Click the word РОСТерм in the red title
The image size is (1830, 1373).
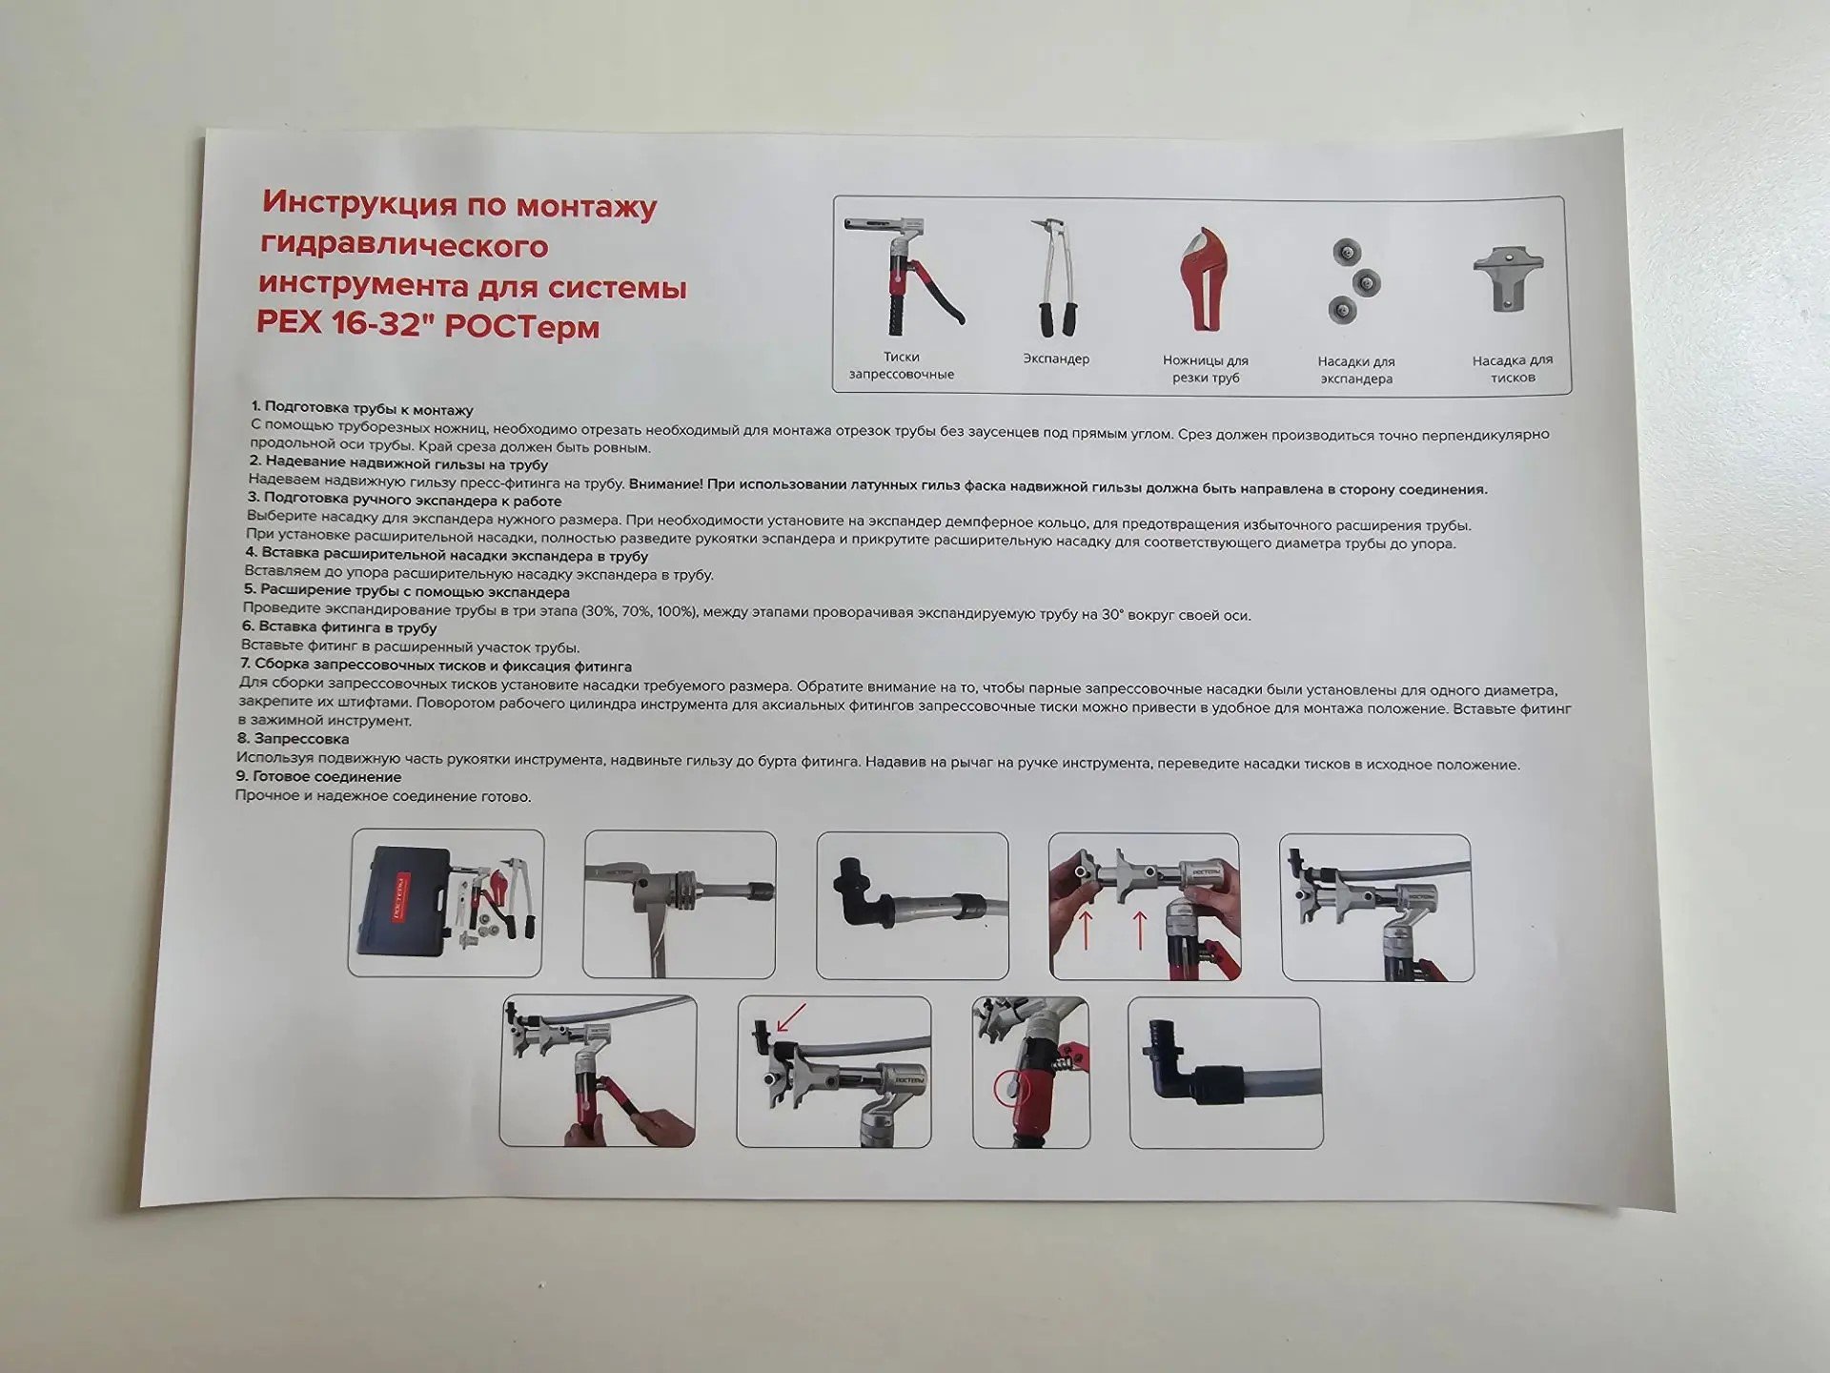522,327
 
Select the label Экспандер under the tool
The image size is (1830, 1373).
1056,359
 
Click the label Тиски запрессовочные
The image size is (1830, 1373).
902,365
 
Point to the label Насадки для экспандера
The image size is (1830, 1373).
1356,370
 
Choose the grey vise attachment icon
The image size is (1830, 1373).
1508,278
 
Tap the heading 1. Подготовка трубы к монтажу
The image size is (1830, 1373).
362,409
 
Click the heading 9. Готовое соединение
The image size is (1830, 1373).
318,777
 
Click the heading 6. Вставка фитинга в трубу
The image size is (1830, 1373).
339,627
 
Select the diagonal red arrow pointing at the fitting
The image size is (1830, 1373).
792,1016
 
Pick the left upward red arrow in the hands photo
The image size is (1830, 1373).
1085,930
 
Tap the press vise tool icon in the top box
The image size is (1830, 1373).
903,277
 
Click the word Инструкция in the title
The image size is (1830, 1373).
362,202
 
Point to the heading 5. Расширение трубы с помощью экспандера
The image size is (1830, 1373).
406,591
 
